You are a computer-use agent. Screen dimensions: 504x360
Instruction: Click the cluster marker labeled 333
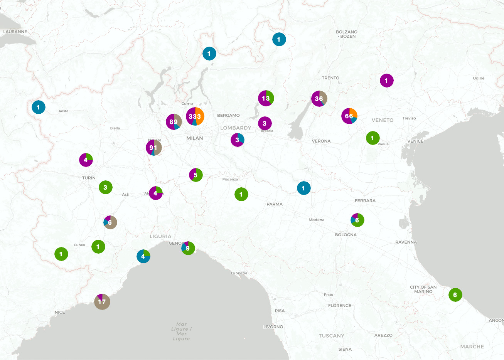pos(195,116)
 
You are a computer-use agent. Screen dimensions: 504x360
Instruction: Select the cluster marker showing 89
pos(174,122)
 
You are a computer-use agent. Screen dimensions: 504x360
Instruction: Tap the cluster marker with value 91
pos(153,147)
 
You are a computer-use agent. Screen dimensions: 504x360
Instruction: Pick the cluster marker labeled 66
pos(349,116)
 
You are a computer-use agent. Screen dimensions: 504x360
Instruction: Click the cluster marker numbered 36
pos(319,99)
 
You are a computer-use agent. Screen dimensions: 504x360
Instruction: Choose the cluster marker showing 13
pos(266,98)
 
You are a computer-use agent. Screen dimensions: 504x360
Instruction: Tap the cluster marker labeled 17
pos(102,301)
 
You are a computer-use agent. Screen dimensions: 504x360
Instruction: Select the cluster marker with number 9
pos(188,248)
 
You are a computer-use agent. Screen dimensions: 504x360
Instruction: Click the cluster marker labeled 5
pos(196,175)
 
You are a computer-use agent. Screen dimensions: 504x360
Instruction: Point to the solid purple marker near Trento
pos(386,81)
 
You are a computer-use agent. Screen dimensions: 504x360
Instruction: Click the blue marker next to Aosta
pos(38,107)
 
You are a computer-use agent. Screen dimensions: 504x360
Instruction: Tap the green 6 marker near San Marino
pos(455,295)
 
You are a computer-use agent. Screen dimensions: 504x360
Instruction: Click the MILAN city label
pos(194,138)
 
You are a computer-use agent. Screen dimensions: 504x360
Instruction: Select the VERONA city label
pos(321,141)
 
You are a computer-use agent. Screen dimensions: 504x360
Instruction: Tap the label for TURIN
pos(89,178)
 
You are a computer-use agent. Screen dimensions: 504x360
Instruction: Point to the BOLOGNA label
pos(346,235)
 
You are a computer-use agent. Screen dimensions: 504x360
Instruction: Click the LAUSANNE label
pos(15,32)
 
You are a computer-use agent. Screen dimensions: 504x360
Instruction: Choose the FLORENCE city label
pos(339,306)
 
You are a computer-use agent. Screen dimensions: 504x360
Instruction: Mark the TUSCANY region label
pos(331,336)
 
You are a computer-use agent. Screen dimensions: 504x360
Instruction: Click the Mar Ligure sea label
pos(181,331)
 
